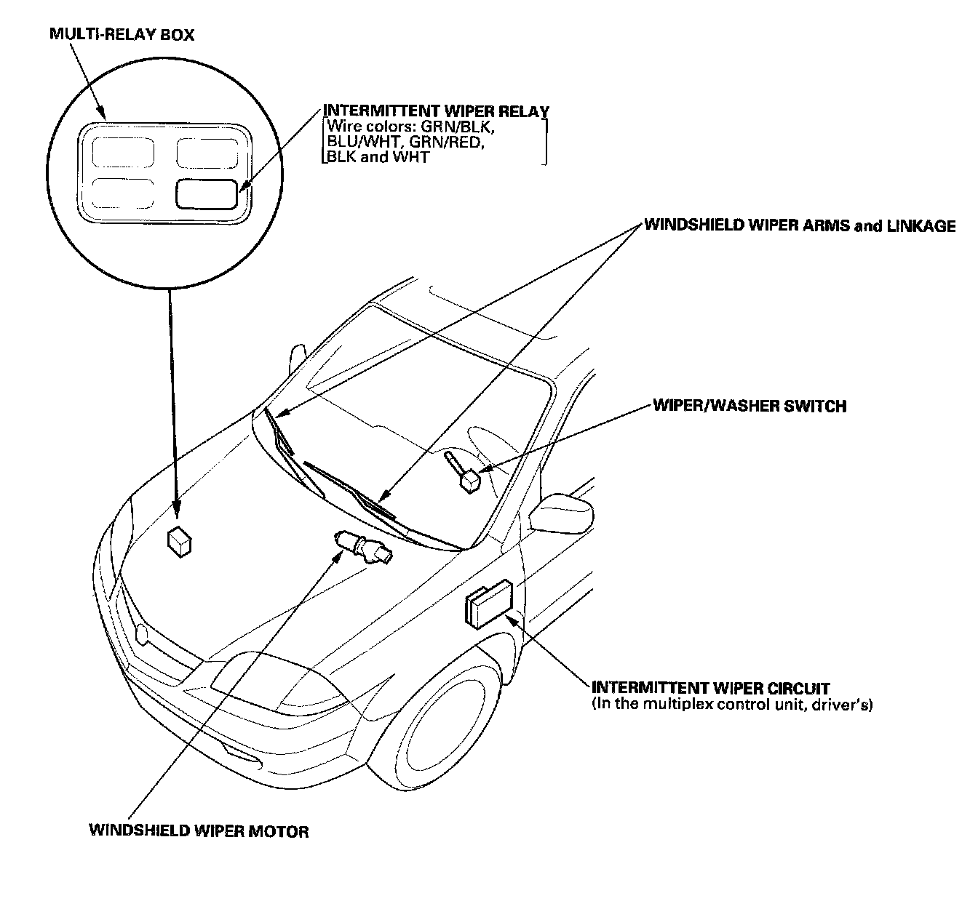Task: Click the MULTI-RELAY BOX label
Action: click(x=122, y=34)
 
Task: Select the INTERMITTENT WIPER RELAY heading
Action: click(x=436, y=111)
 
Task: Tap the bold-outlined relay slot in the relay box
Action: click(x=206, y=194)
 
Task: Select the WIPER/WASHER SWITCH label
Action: click(x=750, y=406)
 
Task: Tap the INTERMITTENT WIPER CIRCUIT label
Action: click(x=711, y=687)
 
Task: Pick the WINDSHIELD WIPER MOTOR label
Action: click(x=199, y=830)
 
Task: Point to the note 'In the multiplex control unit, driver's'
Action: click(x=732, y=704)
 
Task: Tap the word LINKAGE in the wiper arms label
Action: click(x=921, y=226)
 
